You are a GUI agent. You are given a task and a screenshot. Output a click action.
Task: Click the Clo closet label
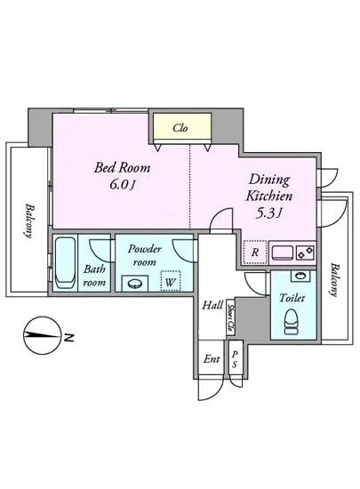(x=180, y=128)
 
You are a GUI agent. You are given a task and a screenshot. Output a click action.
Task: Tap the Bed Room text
(x=122, y=168)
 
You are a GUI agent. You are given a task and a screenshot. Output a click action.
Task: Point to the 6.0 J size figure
(x=122, y=185)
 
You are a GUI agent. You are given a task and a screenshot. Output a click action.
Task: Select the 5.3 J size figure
(x=268, y=213)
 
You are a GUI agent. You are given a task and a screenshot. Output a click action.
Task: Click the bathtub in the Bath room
(x=65, y=263)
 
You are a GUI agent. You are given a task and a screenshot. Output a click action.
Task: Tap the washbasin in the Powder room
(x=134, y=283)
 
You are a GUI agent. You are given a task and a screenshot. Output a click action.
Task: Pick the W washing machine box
(x=171, y=281)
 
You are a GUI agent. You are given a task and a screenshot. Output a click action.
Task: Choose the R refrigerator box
(x=255, y=252)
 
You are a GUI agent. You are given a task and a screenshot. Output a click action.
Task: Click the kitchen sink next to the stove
(x=283, y=253)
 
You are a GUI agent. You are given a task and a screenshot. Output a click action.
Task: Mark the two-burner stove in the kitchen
(x=306, y=252)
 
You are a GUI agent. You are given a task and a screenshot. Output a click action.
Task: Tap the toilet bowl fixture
(x=292, y=322)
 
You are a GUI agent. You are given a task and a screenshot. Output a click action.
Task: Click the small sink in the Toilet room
(x=300, y=276)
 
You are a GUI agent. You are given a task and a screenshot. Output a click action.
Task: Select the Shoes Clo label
(x=230, y=317)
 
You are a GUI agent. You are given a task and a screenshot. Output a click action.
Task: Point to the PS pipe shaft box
(x=235, y=358)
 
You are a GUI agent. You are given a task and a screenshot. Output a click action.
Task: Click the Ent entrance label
(x=212, y=359)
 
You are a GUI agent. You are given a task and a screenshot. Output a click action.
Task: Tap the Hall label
(x=212, y=305)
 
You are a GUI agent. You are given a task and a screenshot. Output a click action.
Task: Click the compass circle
(x=43, y=335)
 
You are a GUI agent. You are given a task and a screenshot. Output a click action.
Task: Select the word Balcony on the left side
(x=29, y=220)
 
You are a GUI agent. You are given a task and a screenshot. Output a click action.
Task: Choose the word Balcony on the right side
(x=334, y=280)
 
